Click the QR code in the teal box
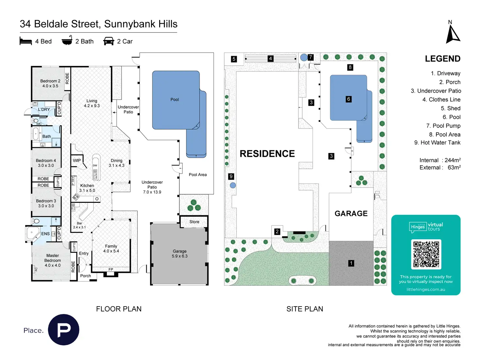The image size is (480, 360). click(426, 254)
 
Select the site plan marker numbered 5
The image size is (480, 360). click(234, 59)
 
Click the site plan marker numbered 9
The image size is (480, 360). click(231, 176)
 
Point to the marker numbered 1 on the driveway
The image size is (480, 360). click(351, 263)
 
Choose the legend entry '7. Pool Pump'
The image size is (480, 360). click(443, 126)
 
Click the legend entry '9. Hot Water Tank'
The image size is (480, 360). click(437, 142)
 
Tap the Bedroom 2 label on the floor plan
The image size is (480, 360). click(50, 83)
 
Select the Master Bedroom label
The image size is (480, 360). click(52, 260)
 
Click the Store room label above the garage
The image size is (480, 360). click(194, 222)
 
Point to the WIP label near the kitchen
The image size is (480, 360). click(77, 160)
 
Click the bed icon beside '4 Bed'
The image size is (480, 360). click(26, 41)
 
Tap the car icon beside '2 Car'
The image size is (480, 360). click(109, 41)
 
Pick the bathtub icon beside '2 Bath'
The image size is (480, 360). click(67, 40)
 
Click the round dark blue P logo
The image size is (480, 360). click(64, 330)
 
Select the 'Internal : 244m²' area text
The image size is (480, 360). click(440, 160)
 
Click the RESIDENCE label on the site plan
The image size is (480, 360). click(267, 154)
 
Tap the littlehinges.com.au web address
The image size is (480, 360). click(426, 289)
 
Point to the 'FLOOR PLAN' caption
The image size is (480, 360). click(119, 309)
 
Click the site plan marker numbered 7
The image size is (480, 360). click(310, 57)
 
